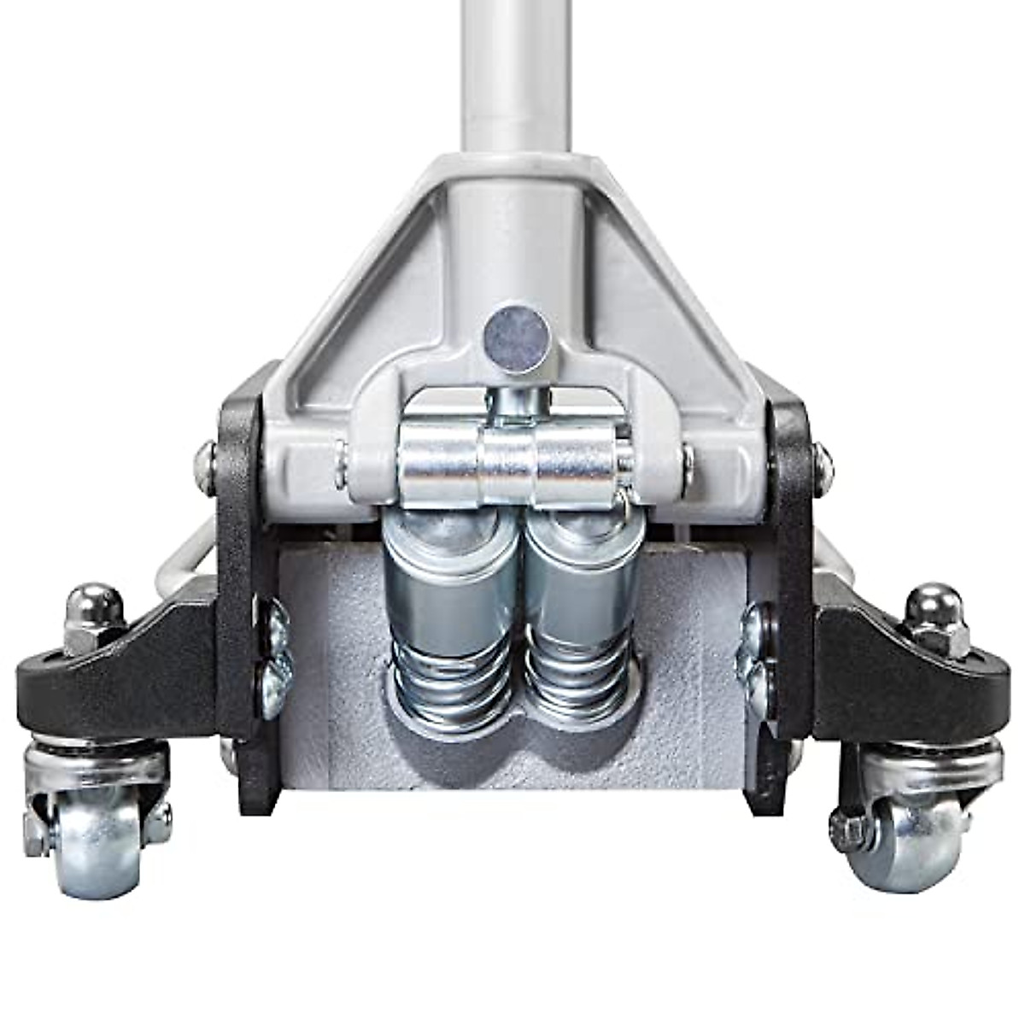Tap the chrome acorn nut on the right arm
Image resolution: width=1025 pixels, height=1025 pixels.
tap(935, 608)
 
